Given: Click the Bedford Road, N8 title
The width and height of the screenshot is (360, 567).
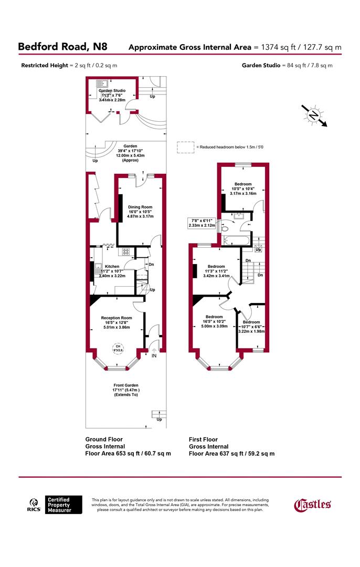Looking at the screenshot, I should click(62, 47).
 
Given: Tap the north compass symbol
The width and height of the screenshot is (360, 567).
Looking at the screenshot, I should click(313, 114).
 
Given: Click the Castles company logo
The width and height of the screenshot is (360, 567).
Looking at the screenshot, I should click(312, 505).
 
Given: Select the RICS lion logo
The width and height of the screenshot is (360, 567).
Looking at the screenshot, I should click(34, 505).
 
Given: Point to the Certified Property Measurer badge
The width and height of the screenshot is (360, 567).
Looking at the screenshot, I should click(64, 505).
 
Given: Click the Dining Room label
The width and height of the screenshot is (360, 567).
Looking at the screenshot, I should click(140, 207).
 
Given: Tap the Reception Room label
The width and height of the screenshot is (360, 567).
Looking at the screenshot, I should click(117, 318).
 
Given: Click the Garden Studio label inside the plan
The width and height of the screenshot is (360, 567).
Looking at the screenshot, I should click(112, 90).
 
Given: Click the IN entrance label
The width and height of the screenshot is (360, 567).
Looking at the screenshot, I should click(154, 356).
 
